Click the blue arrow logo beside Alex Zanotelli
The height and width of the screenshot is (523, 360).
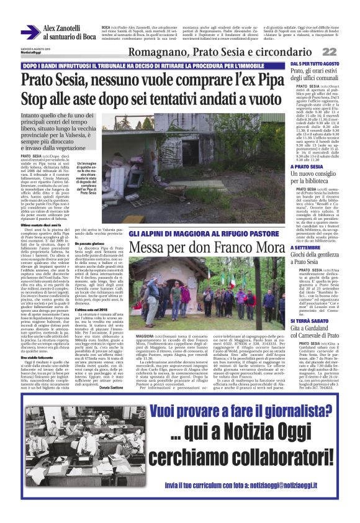pyautogui.click(x=30, y=32)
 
